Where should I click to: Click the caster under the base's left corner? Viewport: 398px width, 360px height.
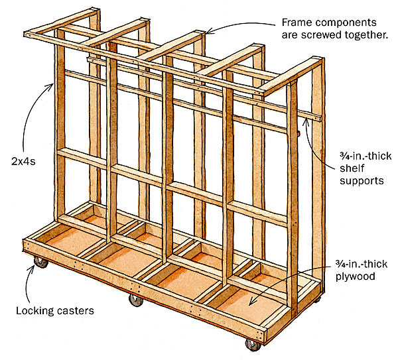coord(42,263)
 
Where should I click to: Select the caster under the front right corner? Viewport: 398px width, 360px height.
coord(251,344)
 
